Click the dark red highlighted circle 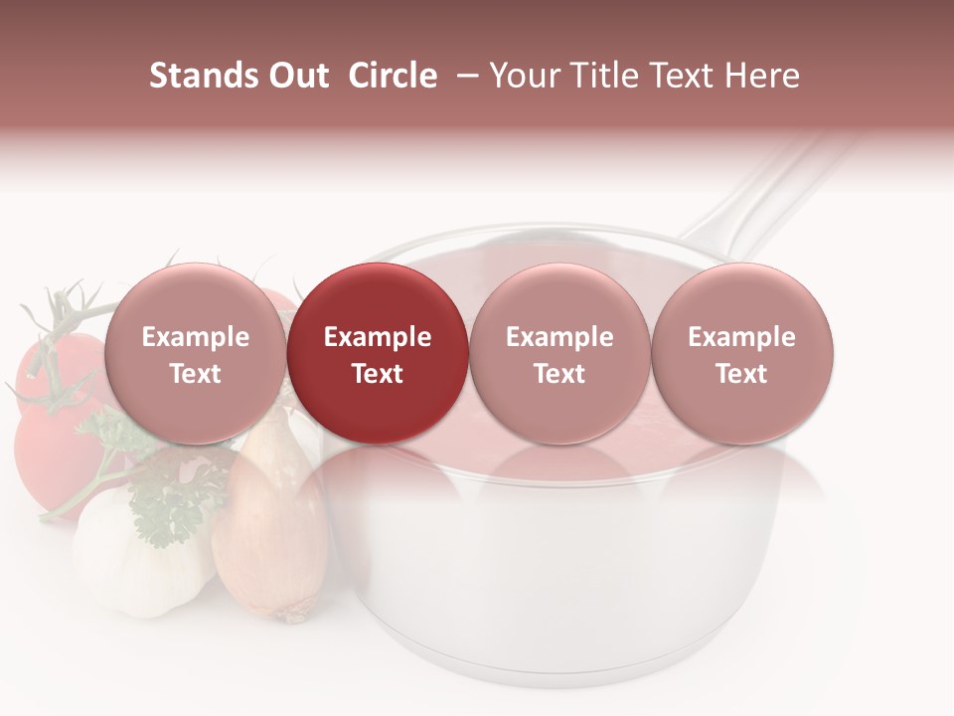377,354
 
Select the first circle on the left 195,354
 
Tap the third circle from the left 559,354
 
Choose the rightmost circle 741,354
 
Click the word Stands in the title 203,76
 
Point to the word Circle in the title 393,76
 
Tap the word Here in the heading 763,76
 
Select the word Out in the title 297,76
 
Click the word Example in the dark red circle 377,337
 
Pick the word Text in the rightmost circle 741,374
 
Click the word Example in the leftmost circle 195,337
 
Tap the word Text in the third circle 559,374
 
